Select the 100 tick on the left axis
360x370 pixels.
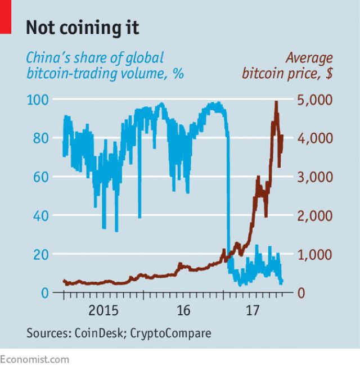tap(37, 100)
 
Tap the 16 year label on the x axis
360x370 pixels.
tap(183, 310)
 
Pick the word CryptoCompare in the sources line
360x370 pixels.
tap(171, 333)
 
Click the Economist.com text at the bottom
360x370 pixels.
tap(35, 359)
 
